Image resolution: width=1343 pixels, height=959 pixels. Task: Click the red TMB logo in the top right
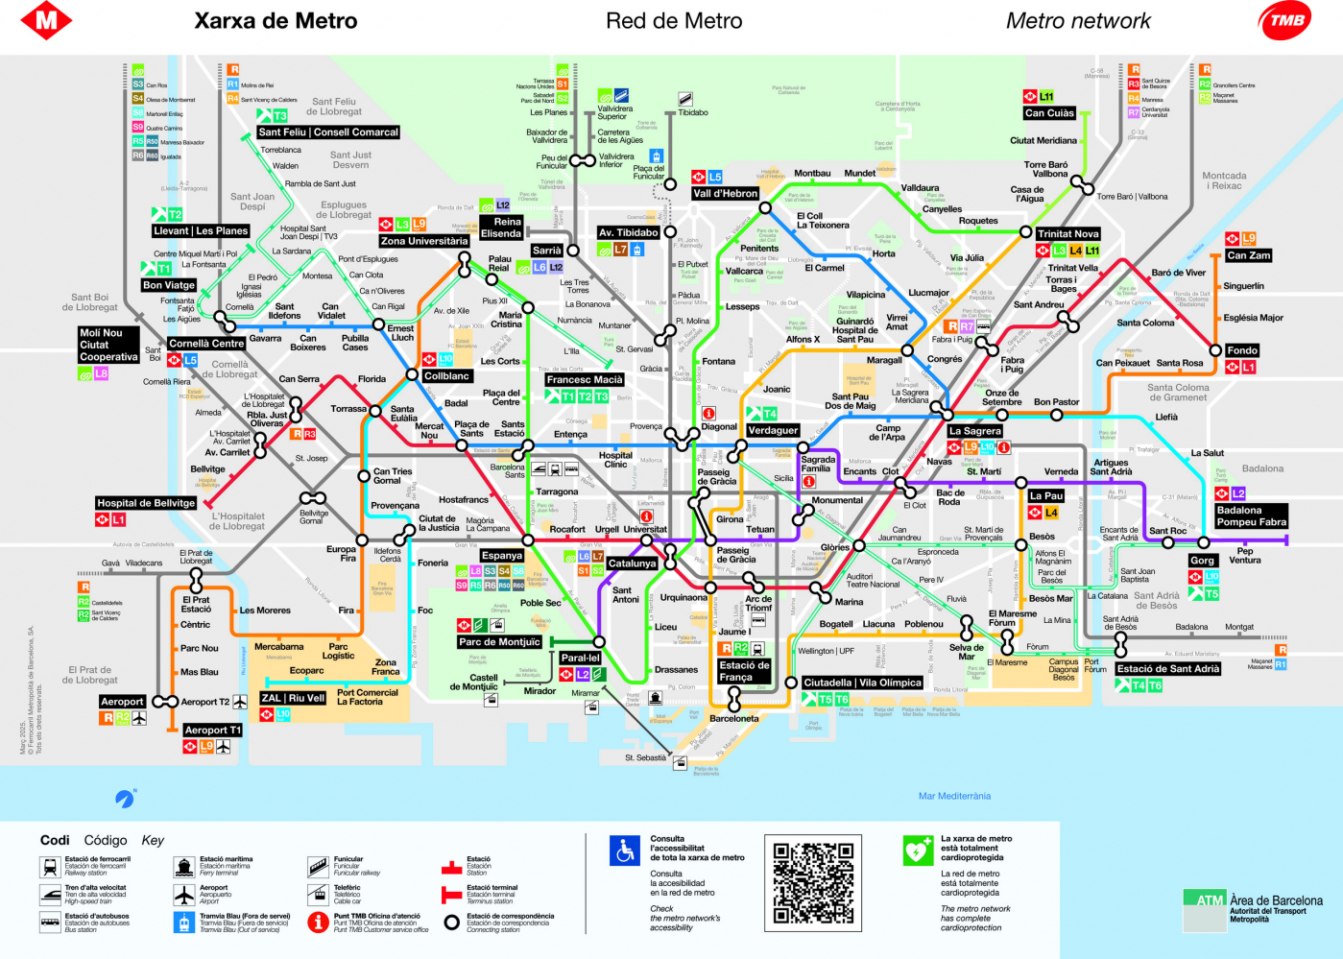coord(1285,20)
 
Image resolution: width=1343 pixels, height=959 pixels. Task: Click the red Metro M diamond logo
coord(46,20)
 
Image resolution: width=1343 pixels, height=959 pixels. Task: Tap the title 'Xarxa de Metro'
coord(276,21)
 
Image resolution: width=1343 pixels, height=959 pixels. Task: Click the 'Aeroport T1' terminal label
coord(213,731)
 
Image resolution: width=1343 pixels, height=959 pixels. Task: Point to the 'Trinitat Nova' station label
coord(1067,234)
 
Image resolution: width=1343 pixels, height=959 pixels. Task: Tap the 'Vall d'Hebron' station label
coord(726,194)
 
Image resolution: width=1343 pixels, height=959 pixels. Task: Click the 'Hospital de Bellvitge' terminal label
coord(146,503)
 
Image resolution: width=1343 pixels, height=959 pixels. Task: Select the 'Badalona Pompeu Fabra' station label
coord(1251,516)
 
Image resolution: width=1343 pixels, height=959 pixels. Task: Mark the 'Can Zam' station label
coord(1248,255)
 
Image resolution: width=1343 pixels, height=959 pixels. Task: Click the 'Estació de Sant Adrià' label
coord(1167,669)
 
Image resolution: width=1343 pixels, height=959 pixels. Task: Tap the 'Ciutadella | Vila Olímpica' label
coord(862,683)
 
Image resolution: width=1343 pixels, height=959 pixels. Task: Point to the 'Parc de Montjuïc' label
coord(499,642)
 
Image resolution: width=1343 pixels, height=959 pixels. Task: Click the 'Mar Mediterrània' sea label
coord(954,796)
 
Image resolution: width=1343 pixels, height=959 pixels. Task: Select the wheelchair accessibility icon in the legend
coord(625,851)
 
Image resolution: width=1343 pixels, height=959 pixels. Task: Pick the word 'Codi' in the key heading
coord(55,840)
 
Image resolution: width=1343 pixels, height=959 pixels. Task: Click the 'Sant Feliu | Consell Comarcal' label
coord(327,132)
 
